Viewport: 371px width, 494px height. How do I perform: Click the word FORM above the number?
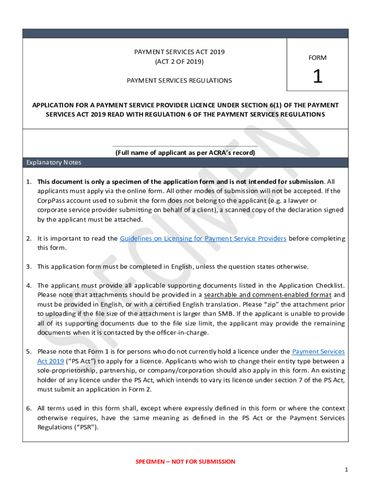point(318,58)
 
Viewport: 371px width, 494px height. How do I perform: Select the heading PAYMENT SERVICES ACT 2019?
point(179,52)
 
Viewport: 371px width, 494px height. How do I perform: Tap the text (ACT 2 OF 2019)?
point(179,62)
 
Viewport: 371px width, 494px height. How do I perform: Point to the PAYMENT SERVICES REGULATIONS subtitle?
point(179,81)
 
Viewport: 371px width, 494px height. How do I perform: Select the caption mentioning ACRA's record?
point(185,153)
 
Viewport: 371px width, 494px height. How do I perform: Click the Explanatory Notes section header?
point(54,163)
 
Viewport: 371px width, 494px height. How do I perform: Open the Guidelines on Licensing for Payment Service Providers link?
point(203,238)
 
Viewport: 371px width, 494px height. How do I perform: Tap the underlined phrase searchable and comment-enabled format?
point(268,295)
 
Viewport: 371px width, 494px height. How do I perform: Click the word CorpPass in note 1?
point(51,200)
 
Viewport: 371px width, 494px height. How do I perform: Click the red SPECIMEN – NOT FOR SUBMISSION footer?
point(185,462)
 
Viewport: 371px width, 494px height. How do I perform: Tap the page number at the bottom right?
point(346,470)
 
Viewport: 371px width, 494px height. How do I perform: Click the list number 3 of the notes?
point(28,267)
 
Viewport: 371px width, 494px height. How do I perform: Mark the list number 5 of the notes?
point(28,352)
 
